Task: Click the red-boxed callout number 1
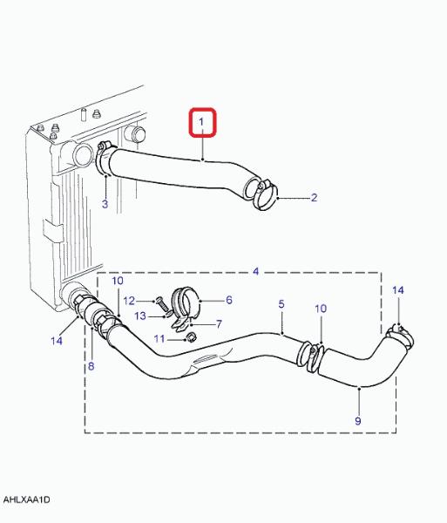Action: pos(201,122)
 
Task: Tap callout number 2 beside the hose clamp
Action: pos(314,198)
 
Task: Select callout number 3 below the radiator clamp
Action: pos(105,204)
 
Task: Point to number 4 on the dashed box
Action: pos(255,271)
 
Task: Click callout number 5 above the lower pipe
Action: pos(281,304)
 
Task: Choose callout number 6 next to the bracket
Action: pos(229,300)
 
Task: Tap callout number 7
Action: pos(219,324)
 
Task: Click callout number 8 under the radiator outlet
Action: pos(91,366)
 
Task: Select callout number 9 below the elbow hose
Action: pos(358,421)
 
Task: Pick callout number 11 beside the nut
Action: pos(159,339)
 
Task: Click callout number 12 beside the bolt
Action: pos(129,301)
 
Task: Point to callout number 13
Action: pos(140,316)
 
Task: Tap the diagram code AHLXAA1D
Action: pos(26,499)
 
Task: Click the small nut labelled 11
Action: pos(190,336)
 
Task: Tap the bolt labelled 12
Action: pos(163,304)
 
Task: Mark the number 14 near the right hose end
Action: pos(398,290)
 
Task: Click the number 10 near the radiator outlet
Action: pos(118,281)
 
